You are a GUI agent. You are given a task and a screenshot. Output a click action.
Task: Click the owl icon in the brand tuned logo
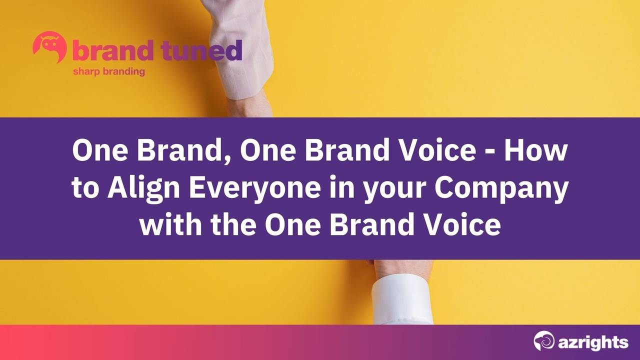(49, 47)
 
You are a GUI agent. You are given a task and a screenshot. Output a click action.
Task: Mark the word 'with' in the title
(169, 225)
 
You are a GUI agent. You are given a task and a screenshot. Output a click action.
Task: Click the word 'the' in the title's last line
(233, 225)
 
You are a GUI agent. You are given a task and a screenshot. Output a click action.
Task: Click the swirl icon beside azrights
(544, 341)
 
